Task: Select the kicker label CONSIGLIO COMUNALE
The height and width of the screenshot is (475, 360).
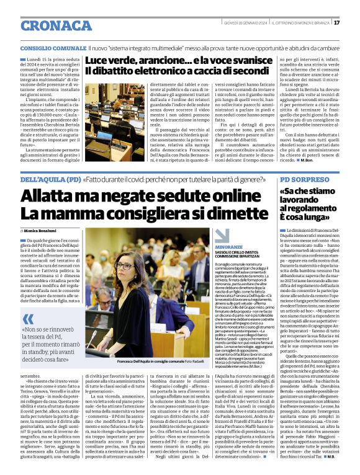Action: tap(52, 48)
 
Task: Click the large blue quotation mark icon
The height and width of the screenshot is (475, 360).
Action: tap(29, 317)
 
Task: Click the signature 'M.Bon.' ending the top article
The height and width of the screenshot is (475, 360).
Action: tap(307, 160)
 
